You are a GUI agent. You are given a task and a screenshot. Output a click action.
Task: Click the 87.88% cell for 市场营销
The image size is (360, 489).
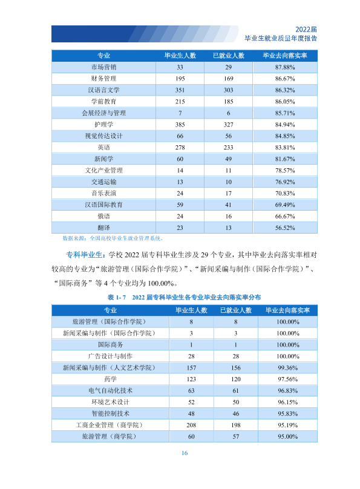pyautogui.click(x=284, y=67)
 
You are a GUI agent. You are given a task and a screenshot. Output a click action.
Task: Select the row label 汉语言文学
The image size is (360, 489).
pyautogui.click(x=103, y=90)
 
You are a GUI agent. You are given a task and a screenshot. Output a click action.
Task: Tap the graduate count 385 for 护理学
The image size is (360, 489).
pyautogui.click(x=180, y=125)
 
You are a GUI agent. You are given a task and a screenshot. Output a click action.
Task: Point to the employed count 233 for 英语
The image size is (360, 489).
pyautogui.click(x=228, y=148)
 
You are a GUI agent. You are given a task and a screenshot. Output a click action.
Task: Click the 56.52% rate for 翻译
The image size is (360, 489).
pyautogui.click(x=284, y=228)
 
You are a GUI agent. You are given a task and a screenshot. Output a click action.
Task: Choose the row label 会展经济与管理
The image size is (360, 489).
pyautogui.click(x=103, y=113)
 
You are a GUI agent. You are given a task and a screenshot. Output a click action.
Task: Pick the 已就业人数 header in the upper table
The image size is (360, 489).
pyautogui.click(x=228, y=56)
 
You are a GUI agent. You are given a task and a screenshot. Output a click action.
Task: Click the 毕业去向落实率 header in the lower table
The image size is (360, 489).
pyautogui.click(x=287, y=310)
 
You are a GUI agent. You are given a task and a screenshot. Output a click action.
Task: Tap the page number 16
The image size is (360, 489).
pyautogui.click(x=185, y=453)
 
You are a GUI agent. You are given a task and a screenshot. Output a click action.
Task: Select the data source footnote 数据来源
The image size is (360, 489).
pyautogui.click(x=113, y=238)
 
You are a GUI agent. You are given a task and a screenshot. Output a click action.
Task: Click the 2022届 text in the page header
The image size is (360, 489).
pyautogui.click(x=306, y=29)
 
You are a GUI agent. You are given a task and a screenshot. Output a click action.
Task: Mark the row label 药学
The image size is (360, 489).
pyautogui.click(x=110, y=379)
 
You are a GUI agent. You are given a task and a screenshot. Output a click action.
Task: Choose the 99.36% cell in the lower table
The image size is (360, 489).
pyautogui.click(x=287, y=368)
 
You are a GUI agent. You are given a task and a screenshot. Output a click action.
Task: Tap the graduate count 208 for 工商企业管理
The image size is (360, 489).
pyautogui.click(x=191, y=425)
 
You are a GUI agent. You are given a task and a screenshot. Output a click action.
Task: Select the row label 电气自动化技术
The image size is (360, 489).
pyautogui.click(x=110, y=391)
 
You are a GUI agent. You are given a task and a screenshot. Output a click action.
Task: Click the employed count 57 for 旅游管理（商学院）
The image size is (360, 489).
pyautogui.click(x=235, y=436)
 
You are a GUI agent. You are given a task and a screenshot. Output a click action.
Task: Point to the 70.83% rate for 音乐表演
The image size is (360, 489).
pyautogui.click(x=284, y=193)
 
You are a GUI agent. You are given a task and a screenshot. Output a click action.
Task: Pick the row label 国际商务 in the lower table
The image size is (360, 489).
pyautogui.click(x=110, y=345)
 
